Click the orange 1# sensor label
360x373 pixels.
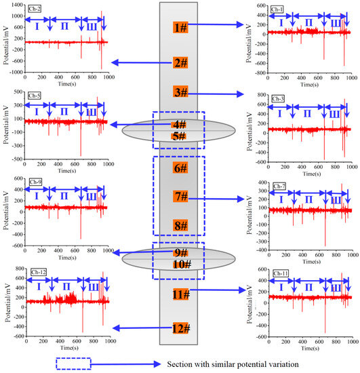(180, 28)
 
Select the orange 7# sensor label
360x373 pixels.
(180, 197)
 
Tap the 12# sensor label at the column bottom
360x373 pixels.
(180, 328)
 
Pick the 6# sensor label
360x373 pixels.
(180, 168)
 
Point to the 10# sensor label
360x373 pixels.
(180, 264)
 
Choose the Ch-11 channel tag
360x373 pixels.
(281, 273)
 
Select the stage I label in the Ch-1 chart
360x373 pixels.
(281, 22)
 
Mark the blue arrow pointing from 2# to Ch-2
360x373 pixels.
(138, 62)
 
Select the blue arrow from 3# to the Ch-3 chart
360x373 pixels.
(217, 94)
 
